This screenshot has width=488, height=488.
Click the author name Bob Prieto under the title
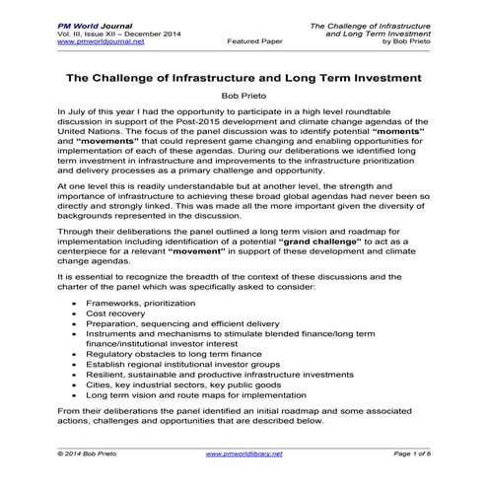pyautogui.click(x=243, y=97)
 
